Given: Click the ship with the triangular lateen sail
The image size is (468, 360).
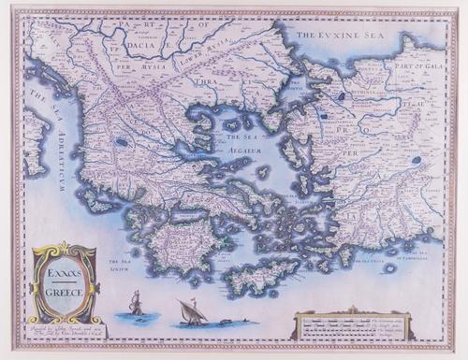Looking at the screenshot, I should point(192,312).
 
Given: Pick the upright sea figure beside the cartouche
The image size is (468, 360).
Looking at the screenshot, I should point(137,304).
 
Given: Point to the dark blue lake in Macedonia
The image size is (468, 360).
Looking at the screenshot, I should point(123,143).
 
